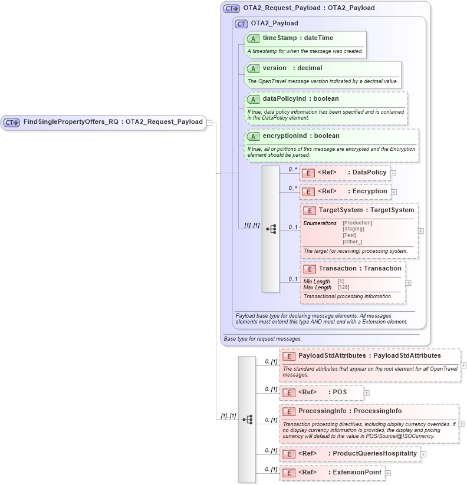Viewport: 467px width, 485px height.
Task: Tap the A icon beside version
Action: click(253, 68)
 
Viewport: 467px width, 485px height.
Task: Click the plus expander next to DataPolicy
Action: click(393, 173)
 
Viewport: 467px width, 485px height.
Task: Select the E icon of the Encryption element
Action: click(308, 192)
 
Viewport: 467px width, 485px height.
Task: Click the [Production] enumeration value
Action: click(357, 223)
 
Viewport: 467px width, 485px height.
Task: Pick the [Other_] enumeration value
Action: click(352, 242)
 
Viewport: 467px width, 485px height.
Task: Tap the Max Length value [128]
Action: click(343, 288)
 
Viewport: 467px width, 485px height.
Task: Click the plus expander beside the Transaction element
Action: click(409, 283)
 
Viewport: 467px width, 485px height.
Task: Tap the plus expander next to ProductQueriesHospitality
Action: click(423, 454)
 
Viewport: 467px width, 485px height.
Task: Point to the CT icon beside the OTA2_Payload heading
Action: click(241, 24)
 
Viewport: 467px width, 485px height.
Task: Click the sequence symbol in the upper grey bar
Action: click(271, 229)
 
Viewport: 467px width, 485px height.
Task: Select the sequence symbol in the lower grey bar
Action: click(247, 420)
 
